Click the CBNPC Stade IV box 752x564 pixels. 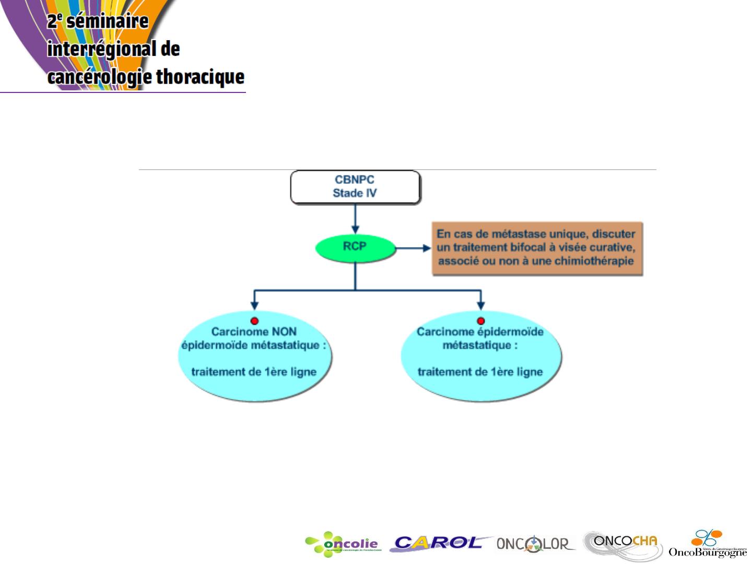coord(355,186)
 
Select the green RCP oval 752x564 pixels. coord(355,247)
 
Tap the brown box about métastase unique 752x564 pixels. coord(537,249)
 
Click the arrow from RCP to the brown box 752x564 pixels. coord(413,248)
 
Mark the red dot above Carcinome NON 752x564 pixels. coord(254,321)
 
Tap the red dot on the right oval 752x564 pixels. coord(481,321)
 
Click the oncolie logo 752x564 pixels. coord(343,545)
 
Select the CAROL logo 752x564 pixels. coord(439,544)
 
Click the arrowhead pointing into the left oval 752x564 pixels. coord(254,305)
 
